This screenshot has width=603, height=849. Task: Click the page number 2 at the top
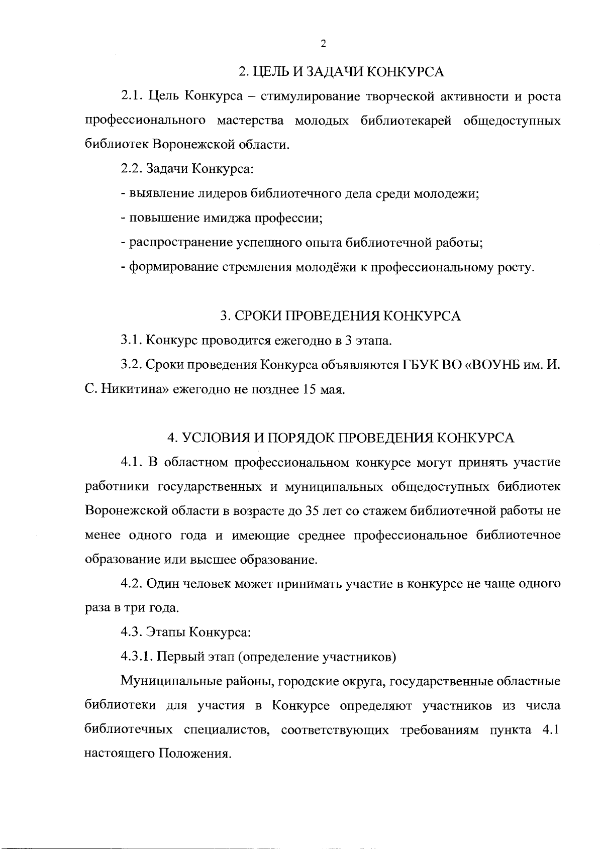click(x=323, y=44)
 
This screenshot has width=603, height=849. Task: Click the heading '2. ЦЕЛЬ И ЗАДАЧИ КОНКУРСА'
click(x=341, y=72)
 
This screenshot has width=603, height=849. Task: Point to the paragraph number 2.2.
click(x=131, y=169)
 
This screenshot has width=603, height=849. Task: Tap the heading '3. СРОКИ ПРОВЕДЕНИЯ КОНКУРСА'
click(x=341, y=316)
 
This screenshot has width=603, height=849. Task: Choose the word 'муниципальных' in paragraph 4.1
click(x=326, y=487)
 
